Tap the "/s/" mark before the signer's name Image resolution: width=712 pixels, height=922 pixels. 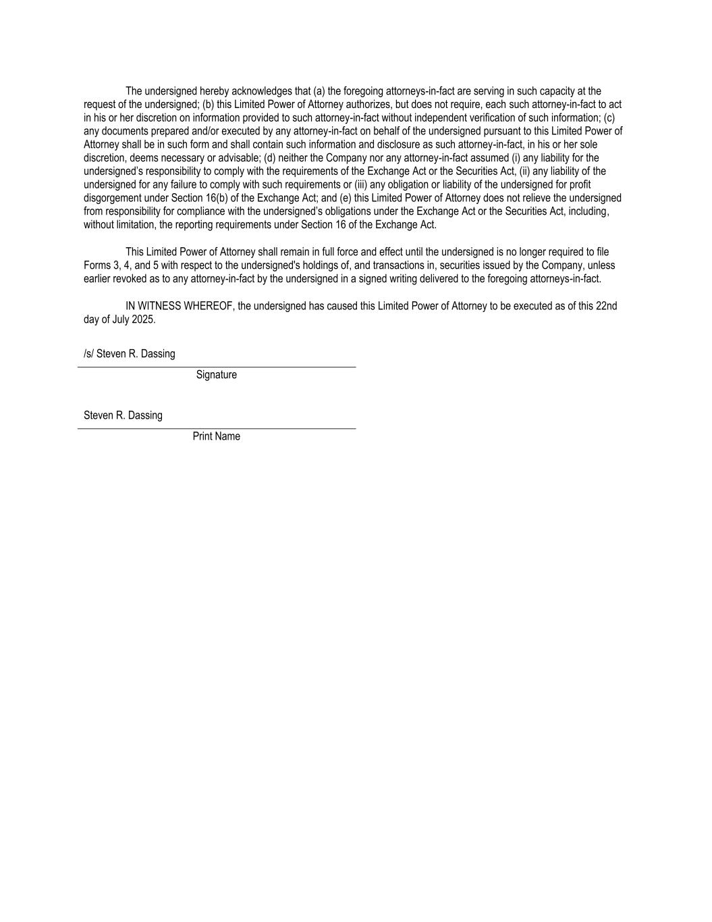(88, 354)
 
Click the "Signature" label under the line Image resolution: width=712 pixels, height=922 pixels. (216, 375)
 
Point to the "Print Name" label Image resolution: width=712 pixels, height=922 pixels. (216, 436)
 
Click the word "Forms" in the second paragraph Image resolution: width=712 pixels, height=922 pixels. (97, 265)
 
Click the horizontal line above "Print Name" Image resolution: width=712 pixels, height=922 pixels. (216, 428)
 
